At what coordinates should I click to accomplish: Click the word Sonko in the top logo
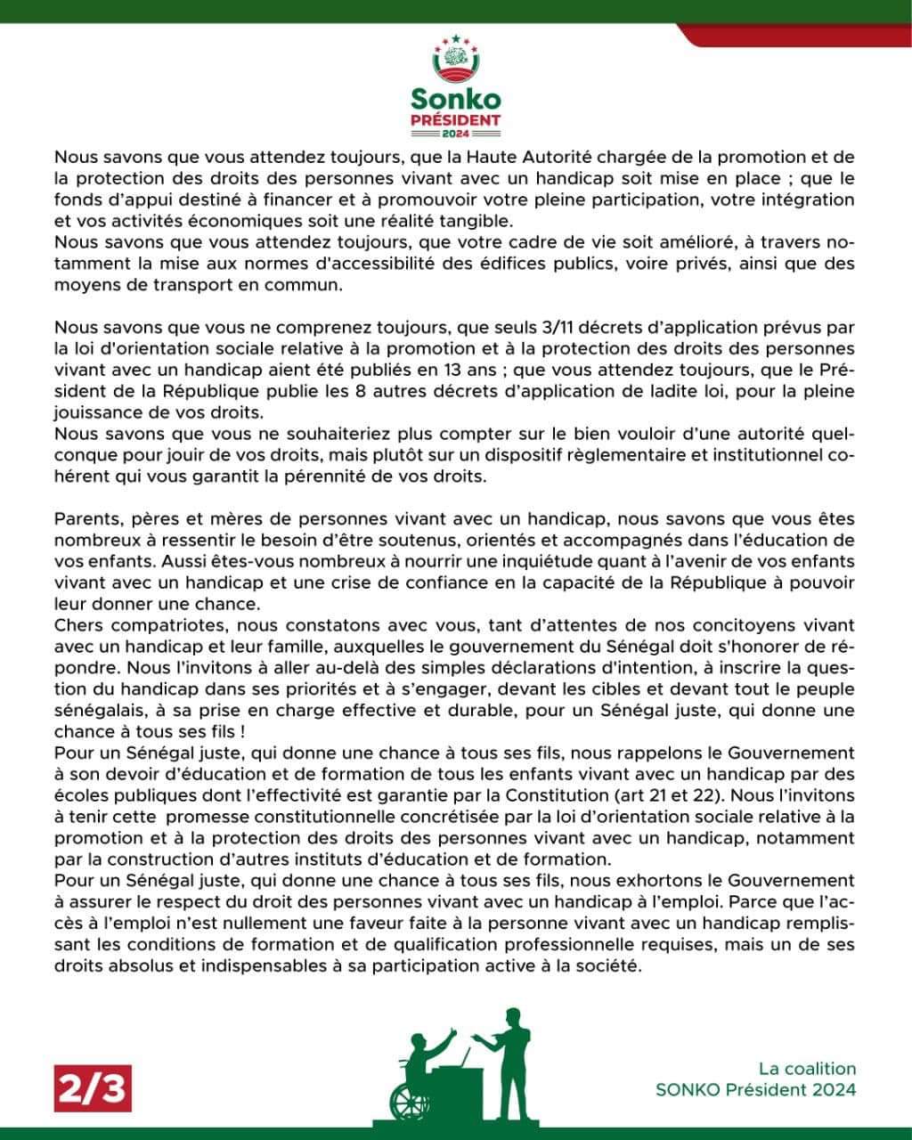(x=456, y=98)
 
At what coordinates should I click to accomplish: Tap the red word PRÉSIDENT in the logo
(x=456, y=119)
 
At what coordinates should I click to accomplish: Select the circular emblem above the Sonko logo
(x=456, y=60)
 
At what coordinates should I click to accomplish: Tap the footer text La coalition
(x=807, y=1069)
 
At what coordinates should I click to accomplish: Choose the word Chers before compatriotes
(x=79, y=626)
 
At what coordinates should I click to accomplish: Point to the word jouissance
(x=96, y=412)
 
